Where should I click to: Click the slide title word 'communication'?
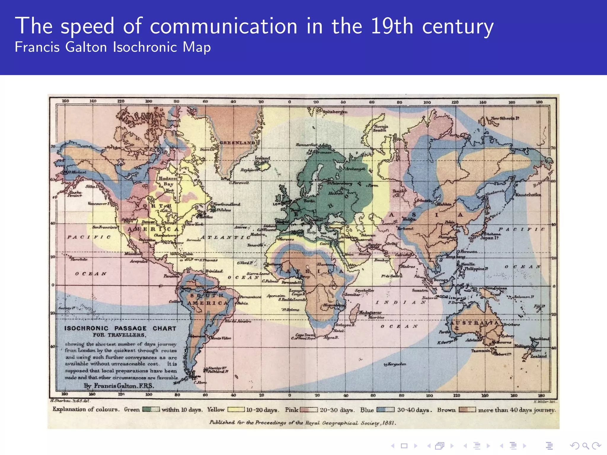(223, 26)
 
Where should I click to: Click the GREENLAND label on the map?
(237, 143)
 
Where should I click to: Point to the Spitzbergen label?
(335, 112)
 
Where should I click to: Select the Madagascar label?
(370, 312)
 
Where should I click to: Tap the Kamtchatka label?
(528, 195)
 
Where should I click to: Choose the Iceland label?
(263, 158)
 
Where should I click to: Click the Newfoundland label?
(227, 204)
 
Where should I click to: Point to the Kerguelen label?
(397, 364)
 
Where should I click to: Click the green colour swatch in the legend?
(151, 409)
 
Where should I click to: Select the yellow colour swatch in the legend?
(236, 410)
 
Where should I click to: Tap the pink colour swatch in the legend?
(309, 410)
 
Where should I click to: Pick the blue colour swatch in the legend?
(385, 410)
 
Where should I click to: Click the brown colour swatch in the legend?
(467, 410)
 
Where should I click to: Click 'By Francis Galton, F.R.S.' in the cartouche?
(119, 386)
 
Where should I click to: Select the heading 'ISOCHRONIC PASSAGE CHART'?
(120, 328)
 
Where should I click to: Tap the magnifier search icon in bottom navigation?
(584, 446)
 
